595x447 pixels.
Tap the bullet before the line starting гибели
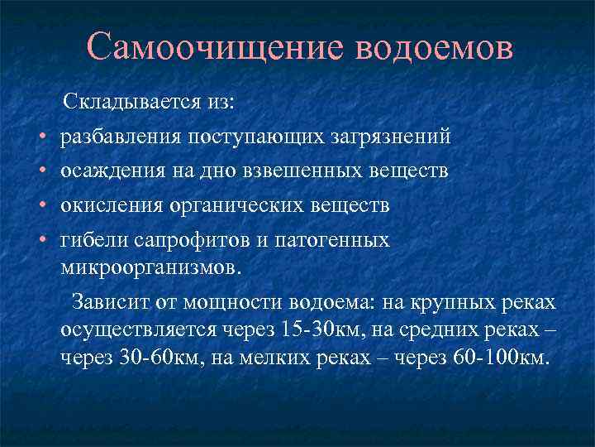tap(40, 241)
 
